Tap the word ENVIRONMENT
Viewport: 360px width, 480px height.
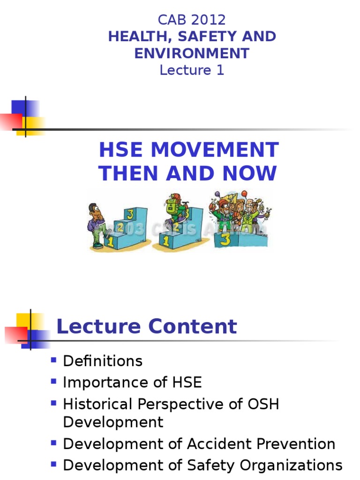click(192, 53)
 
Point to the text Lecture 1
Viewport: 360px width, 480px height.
click(192, 70)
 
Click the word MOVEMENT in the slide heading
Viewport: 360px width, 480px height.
click(215, 150)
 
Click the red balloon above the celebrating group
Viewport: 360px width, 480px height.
click(244, 193)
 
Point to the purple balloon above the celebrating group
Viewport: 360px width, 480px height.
click(217, 194)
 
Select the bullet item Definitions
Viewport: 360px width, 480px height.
click(103, 361)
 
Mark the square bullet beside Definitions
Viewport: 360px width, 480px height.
click(53, 360)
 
